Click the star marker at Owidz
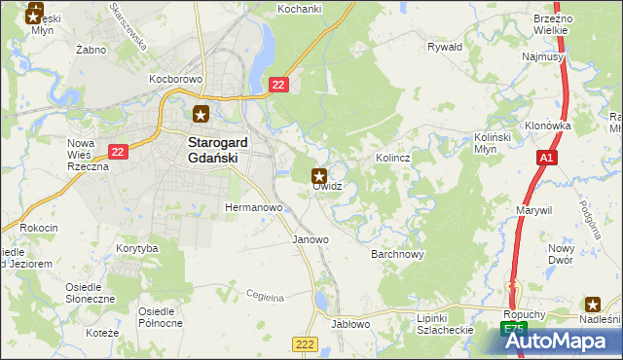(x=318, y=176)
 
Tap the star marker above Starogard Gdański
(x=201, y=113)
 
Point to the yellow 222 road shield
(x=304, y=345)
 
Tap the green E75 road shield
(x=512, y=332)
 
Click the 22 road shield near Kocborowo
(x=278, y=87)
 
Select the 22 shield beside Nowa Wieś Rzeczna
(x=118, y=151)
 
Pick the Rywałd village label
(x=445, y=46)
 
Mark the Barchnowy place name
(x=397, y=254)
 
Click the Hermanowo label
(x=253, y=207)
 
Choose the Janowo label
(x=311, y=238)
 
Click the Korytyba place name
(x=136, y=248)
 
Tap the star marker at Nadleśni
(x=592, y=304)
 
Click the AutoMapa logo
(x=560, y=341)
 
